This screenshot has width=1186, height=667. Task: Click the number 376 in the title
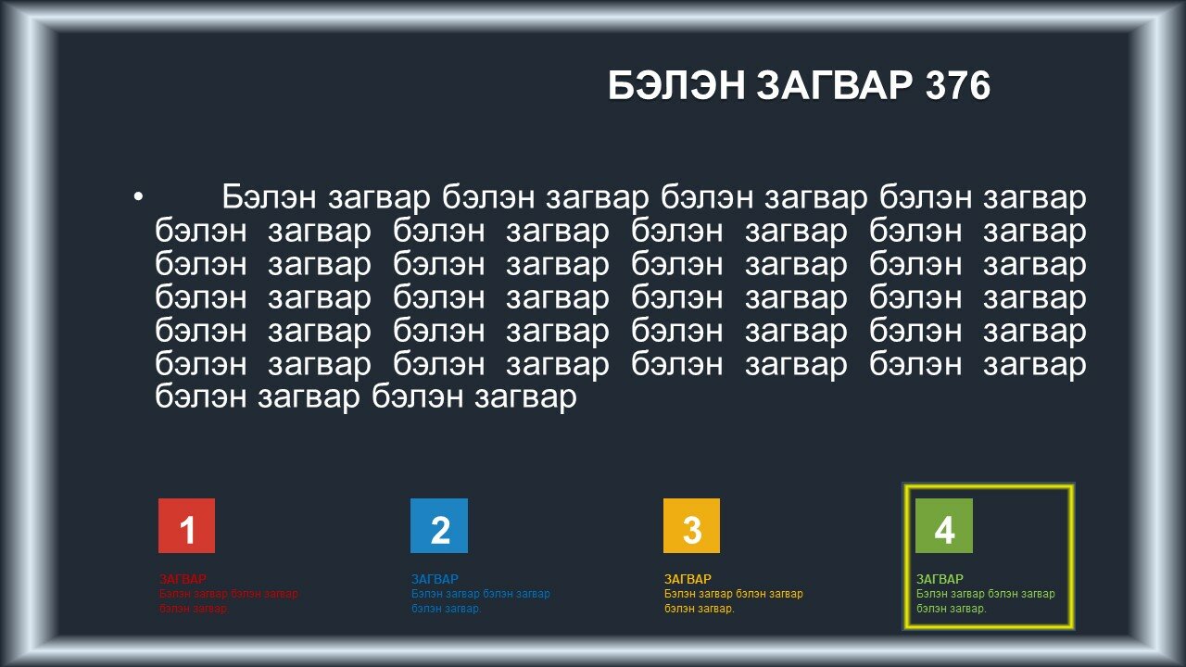958,85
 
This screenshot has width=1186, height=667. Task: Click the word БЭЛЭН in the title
676,85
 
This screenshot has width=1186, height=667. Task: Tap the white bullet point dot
138,197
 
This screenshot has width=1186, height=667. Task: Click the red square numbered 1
186,525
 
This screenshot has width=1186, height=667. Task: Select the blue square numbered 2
439,525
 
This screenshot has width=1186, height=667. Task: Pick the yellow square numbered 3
691,525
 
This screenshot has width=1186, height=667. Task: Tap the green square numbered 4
944,525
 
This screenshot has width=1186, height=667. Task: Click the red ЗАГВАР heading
183,579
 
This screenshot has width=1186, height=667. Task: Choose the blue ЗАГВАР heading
435,579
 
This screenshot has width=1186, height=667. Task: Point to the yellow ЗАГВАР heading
688,579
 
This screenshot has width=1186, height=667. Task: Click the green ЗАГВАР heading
940,579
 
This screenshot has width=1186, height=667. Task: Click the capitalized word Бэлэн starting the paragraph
269,197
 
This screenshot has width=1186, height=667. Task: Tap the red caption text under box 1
229,601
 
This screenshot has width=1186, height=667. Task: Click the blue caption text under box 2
481,601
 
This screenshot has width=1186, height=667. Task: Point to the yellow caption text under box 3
734,601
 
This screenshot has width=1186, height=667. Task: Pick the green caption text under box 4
986,601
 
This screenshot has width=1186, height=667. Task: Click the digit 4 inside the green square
944,530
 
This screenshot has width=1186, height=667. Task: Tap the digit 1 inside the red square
187,530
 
